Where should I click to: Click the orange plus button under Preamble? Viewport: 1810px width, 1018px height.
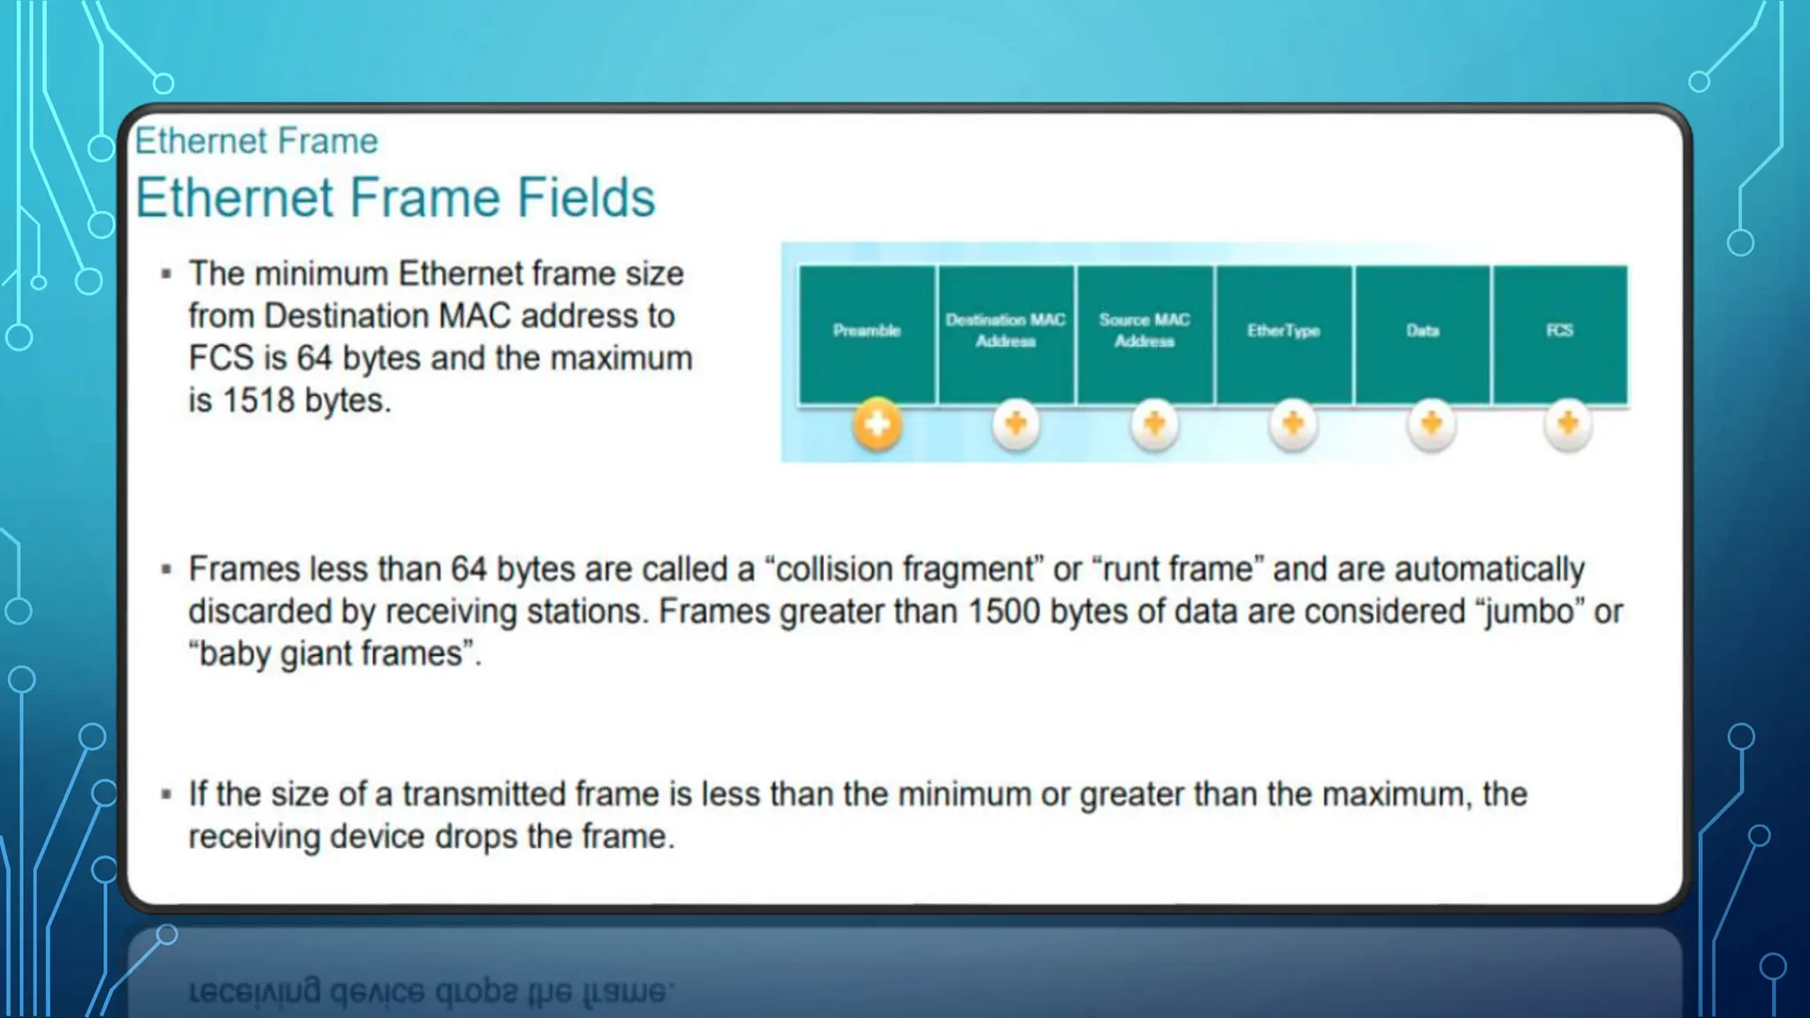coord(877,425)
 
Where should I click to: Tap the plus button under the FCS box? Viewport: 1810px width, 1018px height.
coord(1568,425)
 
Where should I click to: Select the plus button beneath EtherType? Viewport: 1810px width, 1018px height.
coord(1293,425)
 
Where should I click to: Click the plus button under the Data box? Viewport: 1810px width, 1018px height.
coord(1431,425)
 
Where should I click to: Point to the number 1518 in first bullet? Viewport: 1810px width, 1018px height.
coord(258,401)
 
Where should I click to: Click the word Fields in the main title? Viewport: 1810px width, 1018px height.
coord(585,198)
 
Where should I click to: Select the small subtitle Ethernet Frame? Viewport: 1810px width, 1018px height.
coord(256,141)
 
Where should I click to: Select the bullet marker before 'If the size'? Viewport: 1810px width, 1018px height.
coord(166,794)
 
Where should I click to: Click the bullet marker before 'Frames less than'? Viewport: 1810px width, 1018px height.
coord(166,570)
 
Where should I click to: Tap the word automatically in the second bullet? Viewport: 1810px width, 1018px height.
coord(1489,570)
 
